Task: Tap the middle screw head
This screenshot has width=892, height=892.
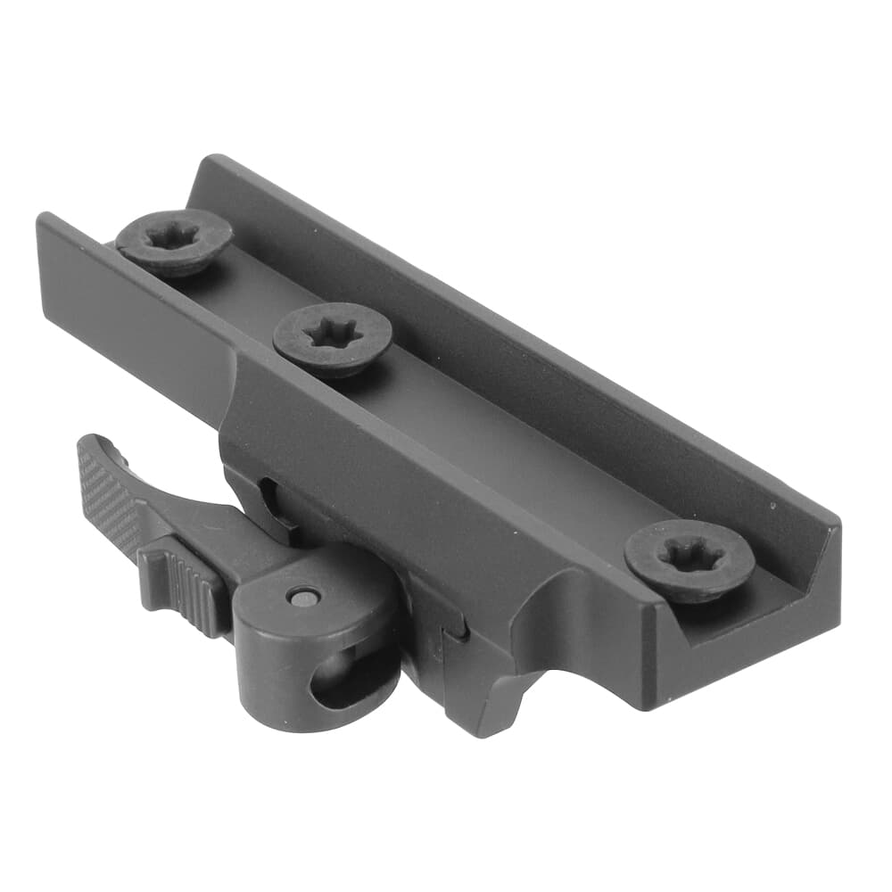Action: coord(332,338)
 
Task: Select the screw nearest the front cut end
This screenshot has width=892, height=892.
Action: coord(689,560)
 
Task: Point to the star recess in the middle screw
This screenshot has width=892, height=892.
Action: coord(333,335)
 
